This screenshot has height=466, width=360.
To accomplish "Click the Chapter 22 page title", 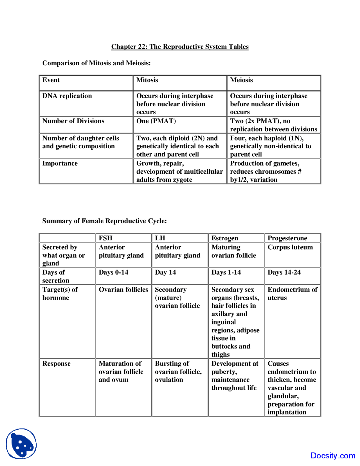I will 180,47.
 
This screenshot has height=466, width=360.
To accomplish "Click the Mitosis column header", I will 147,80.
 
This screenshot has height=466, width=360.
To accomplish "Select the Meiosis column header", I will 241,80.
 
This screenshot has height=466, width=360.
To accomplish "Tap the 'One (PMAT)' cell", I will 156,121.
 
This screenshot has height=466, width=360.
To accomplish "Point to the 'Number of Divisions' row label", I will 73,121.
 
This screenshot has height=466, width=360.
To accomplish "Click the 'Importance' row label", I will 60,163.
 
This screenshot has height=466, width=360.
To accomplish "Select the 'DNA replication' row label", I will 67,96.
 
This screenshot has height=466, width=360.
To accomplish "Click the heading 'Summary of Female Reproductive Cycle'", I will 104,221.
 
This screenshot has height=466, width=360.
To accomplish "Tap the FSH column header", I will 105,238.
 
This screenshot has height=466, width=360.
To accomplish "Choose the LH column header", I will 160,238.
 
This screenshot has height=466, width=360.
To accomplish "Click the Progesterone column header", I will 287,238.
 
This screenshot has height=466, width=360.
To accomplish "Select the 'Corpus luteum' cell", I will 290,247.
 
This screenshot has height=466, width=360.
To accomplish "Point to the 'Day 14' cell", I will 165,272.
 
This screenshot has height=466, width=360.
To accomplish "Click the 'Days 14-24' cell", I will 284,272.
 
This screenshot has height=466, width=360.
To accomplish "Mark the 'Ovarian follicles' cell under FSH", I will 123,290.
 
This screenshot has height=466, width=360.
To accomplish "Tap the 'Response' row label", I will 57,364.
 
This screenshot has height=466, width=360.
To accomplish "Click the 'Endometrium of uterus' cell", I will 292,294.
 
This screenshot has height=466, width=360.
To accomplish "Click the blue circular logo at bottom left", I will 21,444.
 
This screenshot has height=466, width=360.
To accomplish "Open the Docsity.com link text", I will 333,456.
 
